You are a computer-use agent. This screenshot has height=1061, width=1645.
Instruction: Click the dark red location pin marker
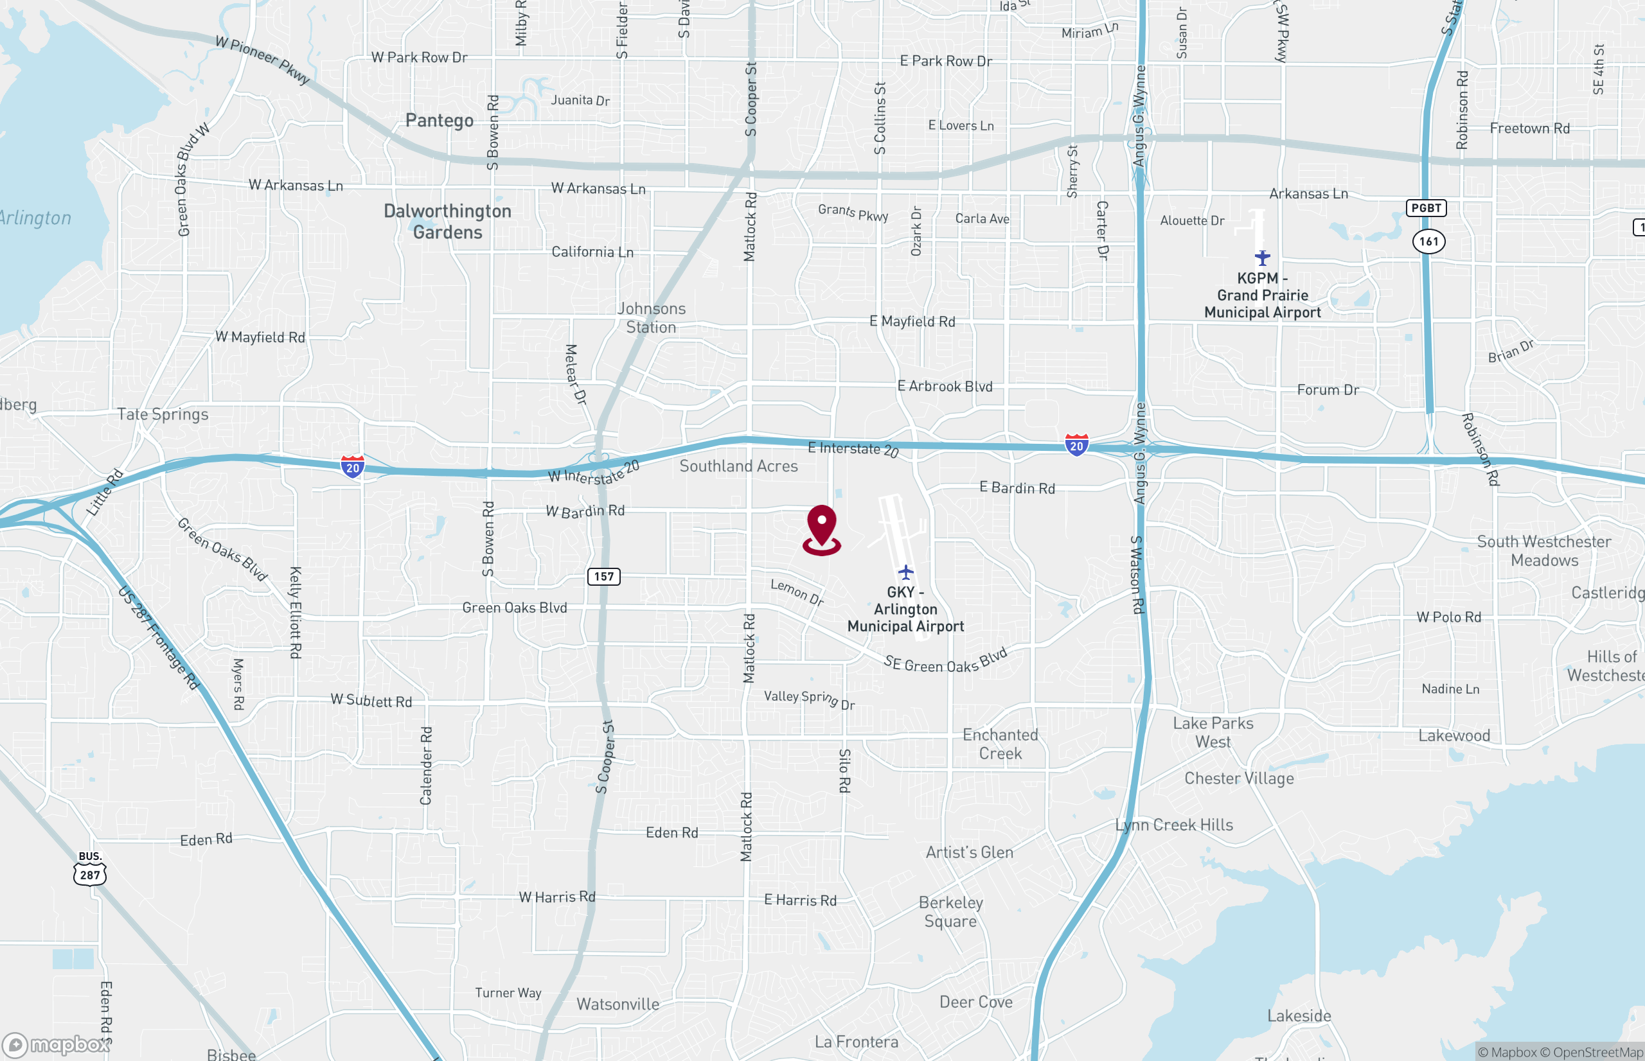821,529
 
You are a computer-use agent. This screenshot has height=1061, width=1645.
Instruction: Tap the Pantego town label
439,121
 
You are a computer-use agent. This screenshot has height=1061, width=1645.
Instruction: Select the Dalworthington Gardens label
447,221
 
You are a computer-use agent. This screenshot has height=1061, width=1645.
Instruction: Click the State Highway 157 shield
603,577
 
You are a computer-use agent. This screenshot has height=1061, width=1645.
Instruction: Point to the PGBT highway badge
1426,208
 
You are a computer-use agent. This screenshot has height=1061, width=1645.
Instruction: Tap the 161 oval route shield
1428,241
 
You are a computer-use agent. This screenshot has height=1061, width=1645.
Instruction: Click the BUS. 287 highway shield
89,869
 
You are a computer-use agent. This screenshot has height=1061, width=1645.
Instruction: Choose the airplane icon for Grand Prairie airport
1262,258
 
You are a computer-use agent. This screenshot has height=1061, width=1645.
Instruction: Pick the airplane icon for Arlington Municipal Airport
905,572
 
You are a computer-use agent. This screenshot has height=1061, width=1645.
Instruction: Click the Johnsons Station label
651,318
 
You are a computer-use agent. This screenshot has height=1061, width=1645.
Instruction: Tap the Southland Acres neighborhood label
738,466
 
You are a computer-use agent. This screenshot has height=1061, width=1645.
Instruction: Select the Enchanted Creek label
1000,744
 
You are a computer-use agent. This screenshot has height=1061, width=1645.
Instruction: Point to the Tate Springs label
163,414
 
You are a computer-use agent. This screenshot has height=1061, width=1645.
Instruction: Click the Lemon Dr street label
797,592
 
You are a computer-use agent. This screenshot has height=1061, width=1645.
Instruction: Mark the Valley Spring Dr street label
809,699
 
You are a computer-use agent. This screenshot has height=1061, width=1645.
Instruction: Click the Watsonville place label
618,1004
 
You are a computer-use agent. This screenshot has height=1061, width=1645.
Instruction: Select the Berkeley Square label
950,911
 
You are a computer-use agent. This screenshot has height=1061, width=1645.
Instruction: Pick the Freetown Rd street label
1529,128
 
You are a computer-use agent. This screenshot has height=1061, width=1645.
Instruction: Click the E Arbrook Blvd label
944,387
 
